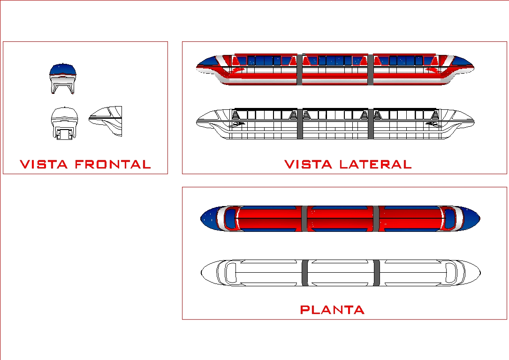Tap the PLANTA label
point(332,310)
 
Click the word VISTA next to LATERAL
point(308,164)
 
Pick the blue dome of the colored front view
point(63,69)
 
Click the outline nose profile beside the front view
point(107,120)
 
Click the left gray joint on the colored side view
point(299,70)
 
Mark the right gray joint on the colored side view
point(371,70)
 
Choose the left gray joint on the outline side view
point(299,124)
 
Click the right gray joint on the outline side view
point(371,124)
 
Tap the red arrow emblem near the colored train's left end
point(237,70)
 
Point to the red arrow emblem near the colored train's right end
point(433,70)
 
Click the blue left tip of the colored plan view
point(209,219)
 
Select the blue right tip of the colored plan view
point(471,219)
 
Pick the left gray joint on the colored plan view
point(304,219)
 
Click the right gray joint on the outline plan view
point(377,273)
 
